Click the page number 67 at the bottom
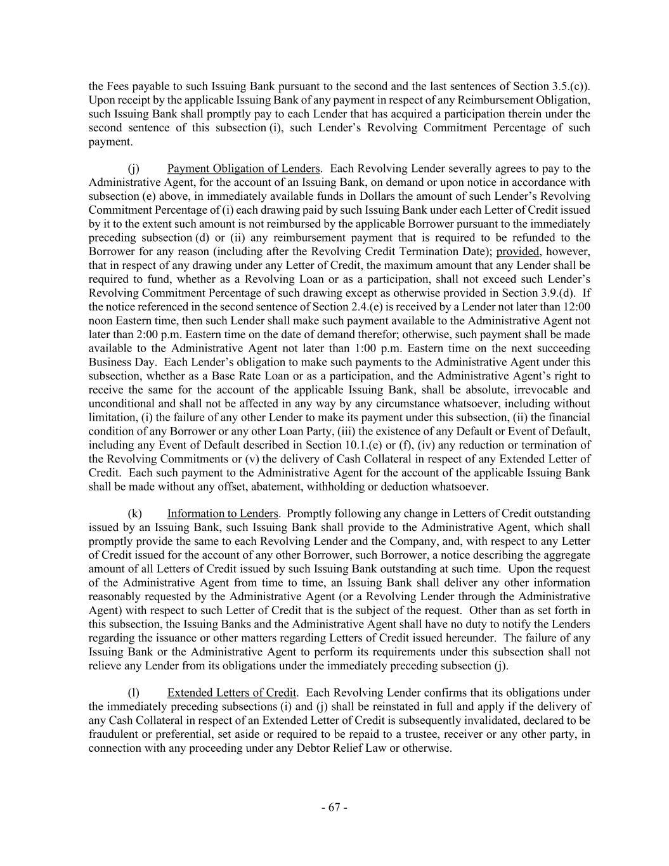point(334,807)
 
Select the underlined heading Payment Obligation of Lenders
point(244,168)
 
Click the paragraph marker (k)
point(135,513)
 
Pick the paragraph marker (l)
point(134,692)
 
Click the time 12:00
point(576,306)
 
